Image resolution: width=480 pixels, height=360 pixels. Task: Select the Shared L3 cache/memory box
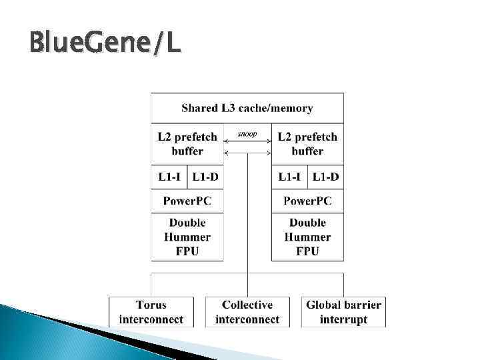point(247,108)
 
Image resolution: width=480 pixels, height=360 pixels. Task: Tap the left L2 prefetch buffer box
point(187,144)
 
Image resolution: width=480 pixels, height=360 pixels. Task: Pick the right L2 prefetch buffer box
point(307,144)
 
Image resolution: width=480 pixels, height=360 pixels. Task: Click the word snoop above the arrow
point(247,134)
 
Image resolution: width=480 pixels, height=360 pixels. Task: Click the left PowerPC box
point(187,201)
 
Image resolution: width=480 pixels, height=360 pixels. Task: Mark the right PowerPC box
point(307,201)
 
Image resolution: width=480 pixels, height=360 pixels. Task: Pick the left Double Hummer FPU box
point(187,237)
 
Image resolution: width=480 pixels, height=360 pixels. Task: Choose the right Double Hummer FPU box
point(307,237)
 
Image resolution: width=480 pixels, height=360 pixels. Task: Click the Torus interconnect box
point(151,312)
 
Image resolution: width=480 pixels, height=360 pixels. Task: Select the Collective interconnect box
point(247,312)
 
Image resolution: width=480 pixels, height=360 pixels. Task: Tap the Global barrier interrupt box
point(343,312)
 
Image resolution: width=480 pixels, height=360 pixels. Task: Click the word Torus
point(151,305)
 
